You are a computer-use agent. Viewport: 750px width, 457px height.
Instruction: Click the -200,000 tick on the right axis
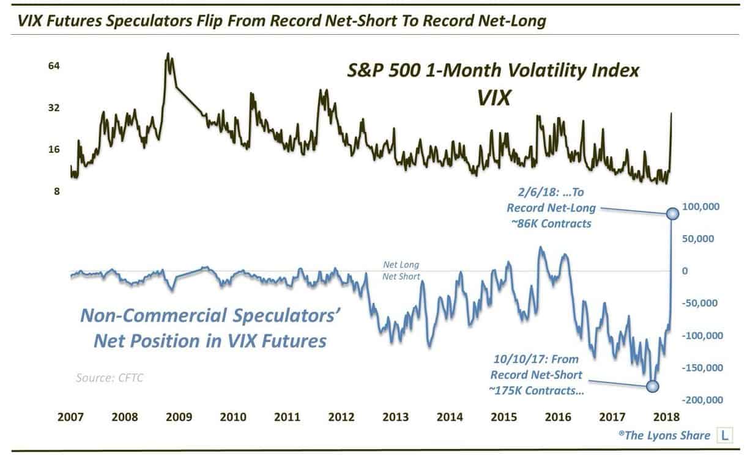coord(702,400)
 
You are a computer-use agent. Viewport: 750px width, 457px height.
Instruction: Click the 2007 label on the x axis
coord(70,418)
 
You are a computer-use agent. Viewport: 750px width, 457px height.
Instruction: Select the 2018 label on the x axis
coord(667,418)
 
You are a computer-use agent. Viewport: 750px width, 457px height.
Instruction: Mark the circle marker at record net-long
coord(672,213)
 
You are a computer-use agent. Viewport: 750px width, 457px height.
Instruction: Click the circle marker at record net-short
coord(653,386)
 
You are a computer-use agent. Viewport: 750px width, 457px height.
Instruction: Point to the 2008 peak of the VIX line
coord(168,54)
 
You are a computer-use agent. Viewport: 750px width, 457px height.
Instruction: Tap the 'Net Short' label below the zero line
coord(401,277)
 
